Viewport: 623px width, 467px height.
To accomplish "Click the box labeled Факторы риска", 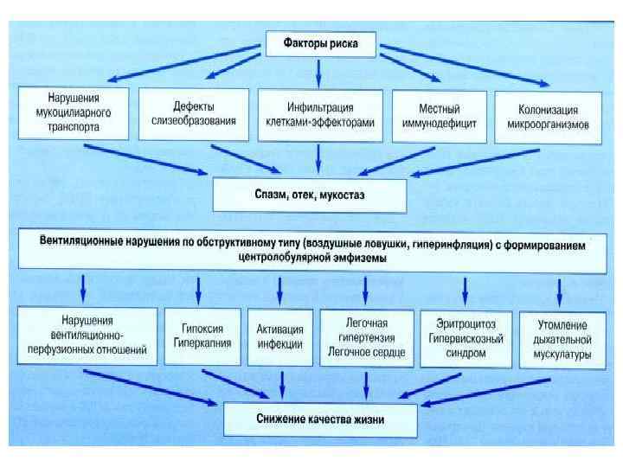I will [x=320, y=42].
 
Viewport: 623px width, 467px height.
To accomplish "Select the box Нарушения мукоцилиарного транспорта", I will [x=73, y=113].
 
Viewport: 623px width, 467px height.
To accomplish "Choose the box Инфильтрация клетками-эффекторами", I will [x=319, y=115].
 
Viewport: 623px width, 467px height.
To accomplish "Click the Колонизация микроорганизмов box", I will [x=547, y=117].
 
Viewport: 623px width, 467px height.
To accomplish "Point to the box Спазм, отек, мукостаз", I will [x=309, y=195].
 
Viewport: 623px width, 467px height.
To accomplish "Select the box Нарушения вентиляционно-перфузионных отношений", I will [x=86, y=336].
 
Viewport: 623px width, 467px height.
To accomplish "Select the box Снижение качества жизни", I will [x=320, y=419].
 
